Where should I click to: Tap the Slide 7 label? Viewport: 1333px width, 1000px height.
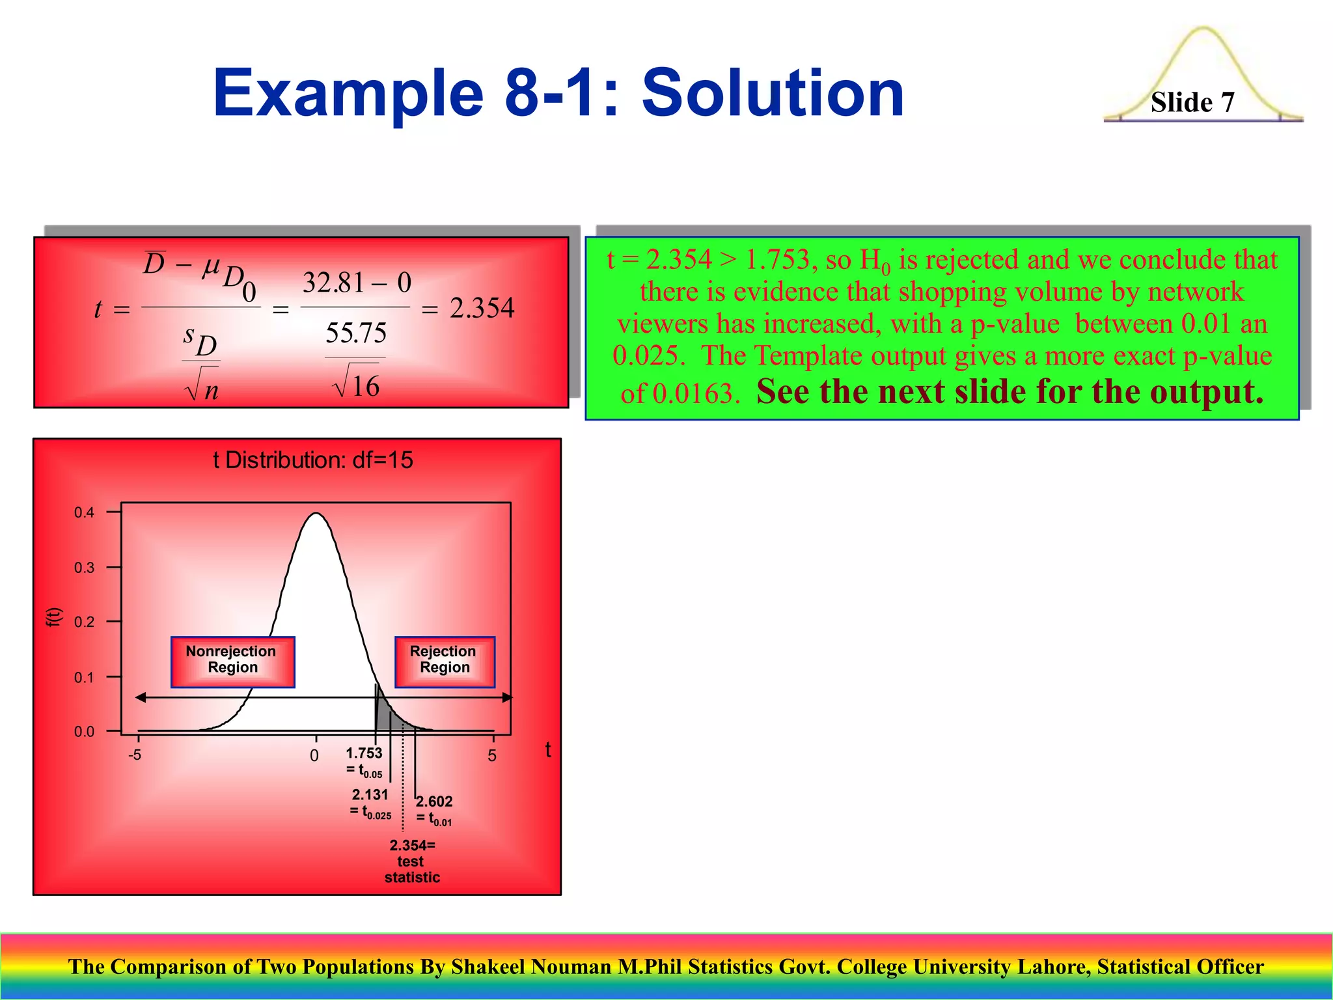pos(1192,102)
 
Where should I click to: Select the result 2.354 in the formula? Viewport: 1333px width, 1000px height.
pos(482,308)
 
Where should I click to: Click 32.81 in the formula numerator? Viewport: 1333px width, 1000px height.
pos(333,283)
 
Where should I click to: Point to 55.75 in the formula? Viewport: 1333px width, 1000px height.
pos(355,333)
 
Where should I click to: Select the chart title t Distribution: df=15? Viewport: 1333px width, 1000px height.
pos(312,460)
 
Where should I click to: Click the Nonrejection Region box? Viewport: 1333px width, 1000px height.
pos(232,661)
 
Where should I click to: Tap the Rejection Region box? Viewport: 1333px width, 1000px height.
pos(445,661)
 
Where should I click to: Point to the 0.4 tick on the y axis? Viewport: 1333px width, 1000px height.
pos(85,512)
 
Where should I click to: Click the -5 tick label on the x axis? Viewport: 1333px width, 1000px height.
pos(135,755)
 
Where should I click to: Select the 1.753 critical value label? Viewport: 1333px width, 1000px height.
pos(364,754)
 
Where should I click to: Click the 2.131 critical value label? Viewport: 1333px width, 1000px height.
pos(370,795)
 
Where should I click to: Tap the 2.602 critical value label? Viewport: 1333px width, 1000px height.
pos(434,801)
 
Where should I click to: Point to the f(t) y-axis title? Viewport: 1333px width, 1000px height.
pos(53,617)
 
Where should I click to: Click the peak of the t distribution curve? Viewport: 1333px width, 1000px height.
pos(316,514)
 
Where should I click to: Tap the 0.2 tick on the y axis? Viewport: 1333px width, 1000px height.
pos(85,622)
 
